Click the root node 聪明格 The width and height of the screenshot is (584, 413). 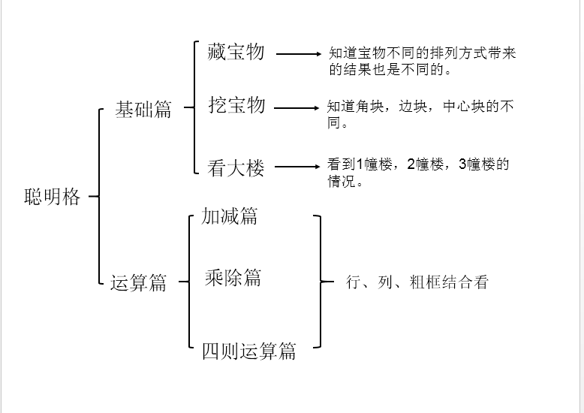pos(52,197)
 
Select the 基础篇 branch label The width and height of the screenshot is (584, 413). pos(143,110)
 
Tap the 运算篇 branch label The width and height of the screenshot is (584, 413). pos(138,282)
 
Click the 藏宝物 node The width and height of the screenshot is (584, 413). pos(236,52)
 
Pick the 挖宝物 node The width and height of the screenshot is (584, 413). pos(237,105)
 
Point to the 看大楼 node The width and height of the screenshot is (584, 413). pos(236,167)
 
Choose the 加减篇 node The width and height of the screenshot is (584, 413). pos(230,216)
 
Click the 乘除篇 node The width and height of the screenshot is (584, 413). pos(233,278)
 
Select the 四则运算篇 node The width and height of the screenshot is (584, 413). pos(248,351)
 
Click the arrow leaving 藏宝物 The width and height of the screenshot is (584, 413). pos(298,54)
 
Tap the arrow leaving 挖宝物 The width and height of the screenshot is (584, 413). pos(297,108)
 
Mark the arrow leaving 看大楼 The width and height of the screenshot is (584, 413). pos(297,167)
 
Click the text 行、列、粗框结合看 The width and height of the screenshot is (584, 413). pos(417,282)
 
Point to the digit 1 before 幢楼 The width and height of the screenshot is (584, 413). pos(360,164)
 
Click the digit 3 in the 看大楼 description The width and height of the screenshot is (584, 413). pos(462,164)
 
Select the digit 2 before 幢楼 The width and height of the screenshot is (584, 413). pos(411,164)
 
